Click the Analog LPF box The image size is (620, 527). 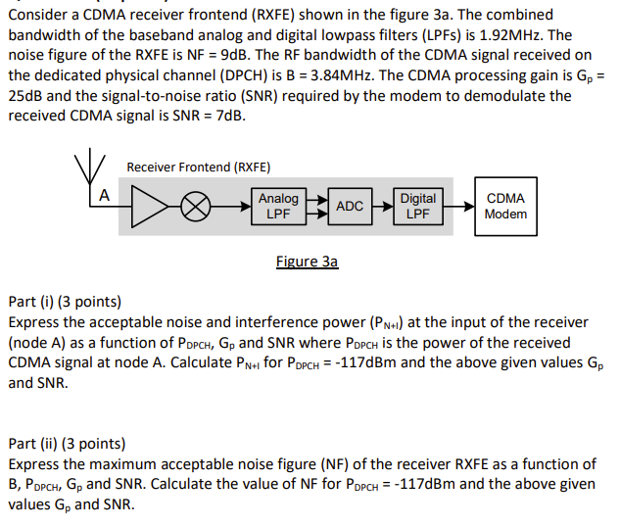point(278,206)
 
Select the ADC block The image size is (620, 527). point(350,206)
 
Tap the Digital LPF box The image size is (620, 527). point(418,206)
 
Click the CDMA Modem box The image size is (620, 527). point(505,206)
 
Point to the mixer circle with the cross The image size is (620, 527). point(200,207)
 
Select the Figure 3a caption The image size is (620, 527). point(307,262)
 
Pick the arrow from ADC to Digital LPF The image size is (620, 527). point(382,206)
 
